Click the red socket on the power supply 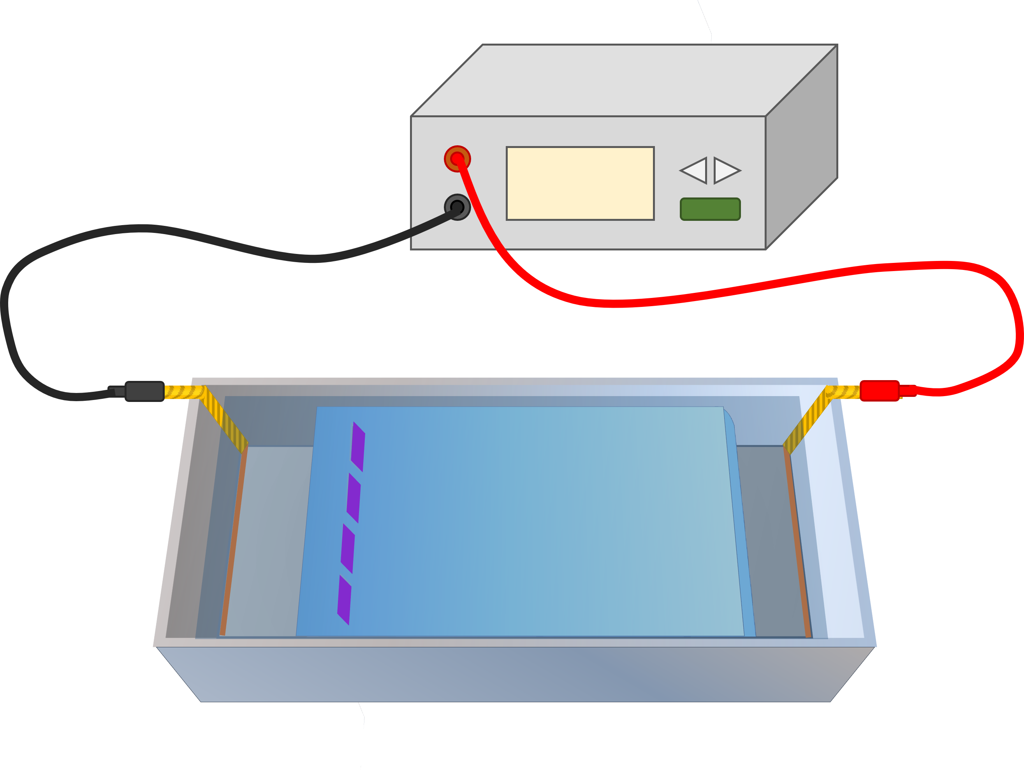(457, 159)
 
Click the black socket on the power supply (457, 207)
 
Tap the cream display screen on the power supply (580, 183)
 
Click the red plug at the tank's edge (879, 391)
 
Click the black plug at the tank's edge (144, 391)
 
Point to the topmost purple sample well (358, 447)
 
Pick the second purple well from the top (354, 498)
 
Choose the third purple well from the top (348, 549)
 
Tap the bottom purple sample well (344, 600)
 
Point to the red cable (741, 290)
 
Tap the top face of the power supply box (625, 79)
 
